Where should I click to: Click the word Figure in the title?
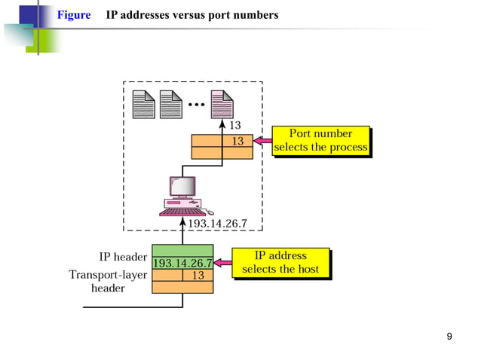coord(74,15)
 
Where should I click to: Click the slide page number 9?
coord(449,336)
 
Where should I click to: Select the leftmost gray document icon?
coord(142,104)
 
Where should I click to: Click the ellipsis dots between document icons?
coord(198,105)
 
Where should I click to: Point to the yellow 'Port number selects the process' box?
coord(321,141)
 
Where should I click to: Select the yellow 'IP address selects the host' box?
coord(280,263)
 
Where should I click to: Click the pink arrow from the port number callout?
coord(262,141)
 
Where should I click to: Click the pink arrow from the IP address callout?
coord(222,264)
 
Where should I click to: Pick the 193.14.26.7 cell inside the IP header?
coord(182,264)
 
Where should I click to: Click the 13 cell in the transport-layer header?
coord(198,276)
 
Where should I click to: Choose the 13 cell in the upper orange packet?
coord(237,141)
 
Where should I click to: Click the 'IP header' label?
coord(123,257)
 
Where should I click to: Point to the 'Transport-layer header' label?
coord(108,281)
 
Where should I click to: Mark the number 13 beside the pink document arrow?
coord(235,125)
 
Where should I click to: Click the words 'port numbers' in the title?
coord(248,15)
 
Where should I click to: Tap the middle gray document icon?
coord(170,104)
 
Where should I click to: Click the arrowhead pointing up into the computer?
coord(182,221)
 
